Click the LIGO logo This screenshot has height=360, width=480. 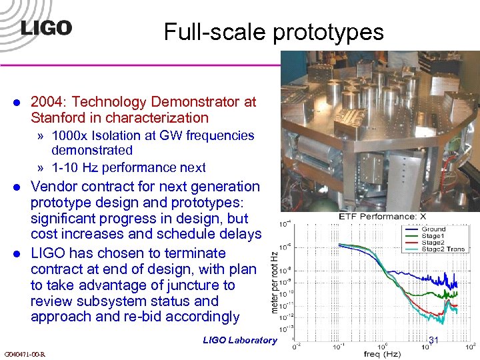(46, 28)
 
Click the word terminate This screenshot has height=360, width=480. (194, 253)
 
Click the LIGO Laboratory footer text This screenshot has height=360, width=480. (239, 340)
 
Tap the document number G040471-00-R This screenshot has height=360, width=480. (25, 353)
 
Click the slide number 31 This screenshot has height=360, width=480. (433, 340)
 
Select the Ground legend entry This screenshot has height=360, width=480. (433, 229)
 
